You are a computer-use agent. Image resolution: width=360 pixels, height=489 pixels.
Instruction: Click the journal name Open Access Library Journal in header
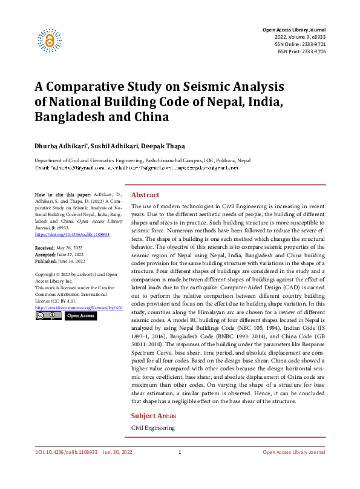[293, 30]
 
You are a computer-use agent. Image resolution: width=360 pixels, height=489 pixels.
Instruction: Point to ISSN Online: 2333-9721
[299, 44]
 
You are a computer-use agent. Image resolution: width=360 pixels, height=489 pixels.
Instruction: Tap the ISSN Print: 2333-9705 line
[301, 51]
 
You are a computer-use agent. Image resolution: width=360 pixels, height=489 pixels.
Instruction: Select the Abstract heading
[145, 195]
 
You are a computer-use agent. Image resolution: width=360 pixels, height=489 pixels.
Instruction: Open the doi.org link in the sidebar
[72, 234]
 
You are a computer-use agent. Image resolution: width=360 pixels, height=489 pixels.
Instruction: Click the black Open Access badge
[80, 316]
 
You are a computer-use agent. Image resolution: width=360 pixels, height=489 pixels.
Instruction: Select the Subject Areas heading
[154, 416]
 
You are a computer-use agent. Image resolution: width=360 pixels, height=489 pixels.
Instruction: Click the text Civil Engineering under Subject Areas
[153, 428]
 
